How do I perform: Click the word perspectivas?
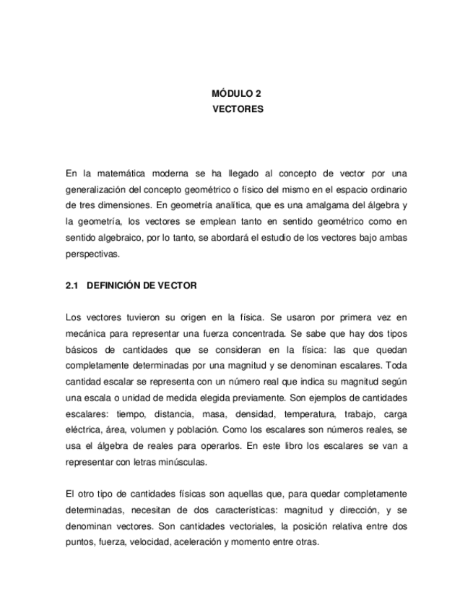pos(90,254)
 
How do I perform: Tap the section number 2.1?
pos(71,286)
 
